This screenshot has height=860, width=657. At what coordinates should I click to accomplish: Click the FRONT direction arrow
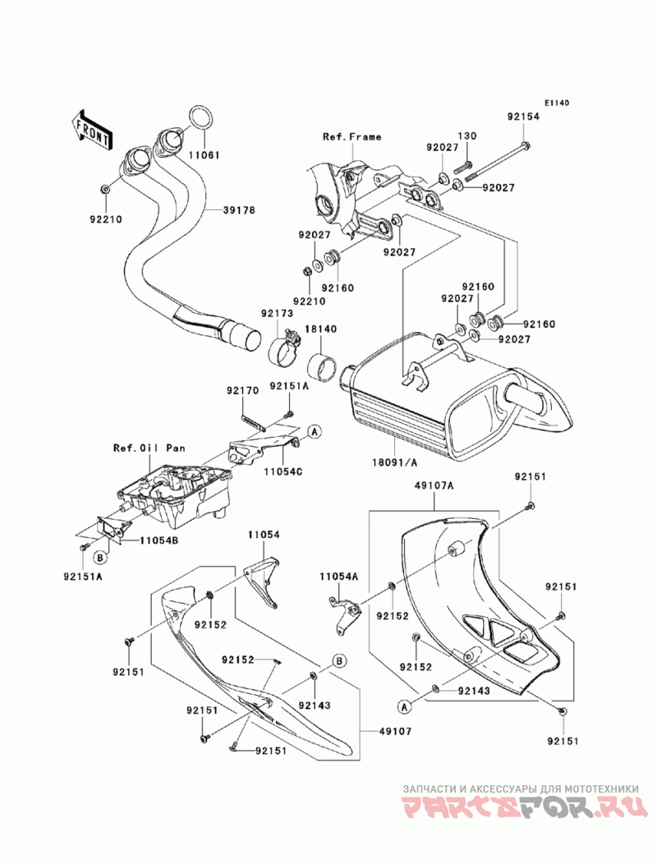92,131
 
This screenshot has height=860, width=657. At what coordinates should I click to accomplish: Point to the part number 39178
239,209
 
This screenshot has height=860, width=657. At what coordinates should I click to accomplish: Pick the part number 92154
523,117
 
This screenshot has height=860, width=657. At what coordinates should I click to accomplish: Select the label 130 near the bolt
467,136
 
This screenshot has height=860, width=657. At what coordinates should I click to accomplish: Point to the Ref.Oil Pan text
149,448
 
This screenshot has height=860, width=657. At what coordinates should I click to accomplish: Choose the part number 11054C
283,470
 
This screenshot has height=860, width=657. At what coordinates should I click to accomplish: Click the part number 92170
241,392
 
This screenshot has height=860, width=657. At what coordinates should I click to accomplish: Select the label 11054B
159,540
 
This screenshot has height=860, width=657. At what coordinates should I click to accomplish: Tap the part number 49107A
434,485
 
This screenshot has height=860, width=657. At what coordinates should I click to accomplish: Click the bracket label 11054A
339,576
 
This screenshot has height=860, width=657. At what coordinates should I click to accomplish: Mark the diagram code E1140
557,103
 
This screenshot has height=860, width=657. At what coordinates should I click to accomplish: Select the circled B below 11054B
100,558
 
